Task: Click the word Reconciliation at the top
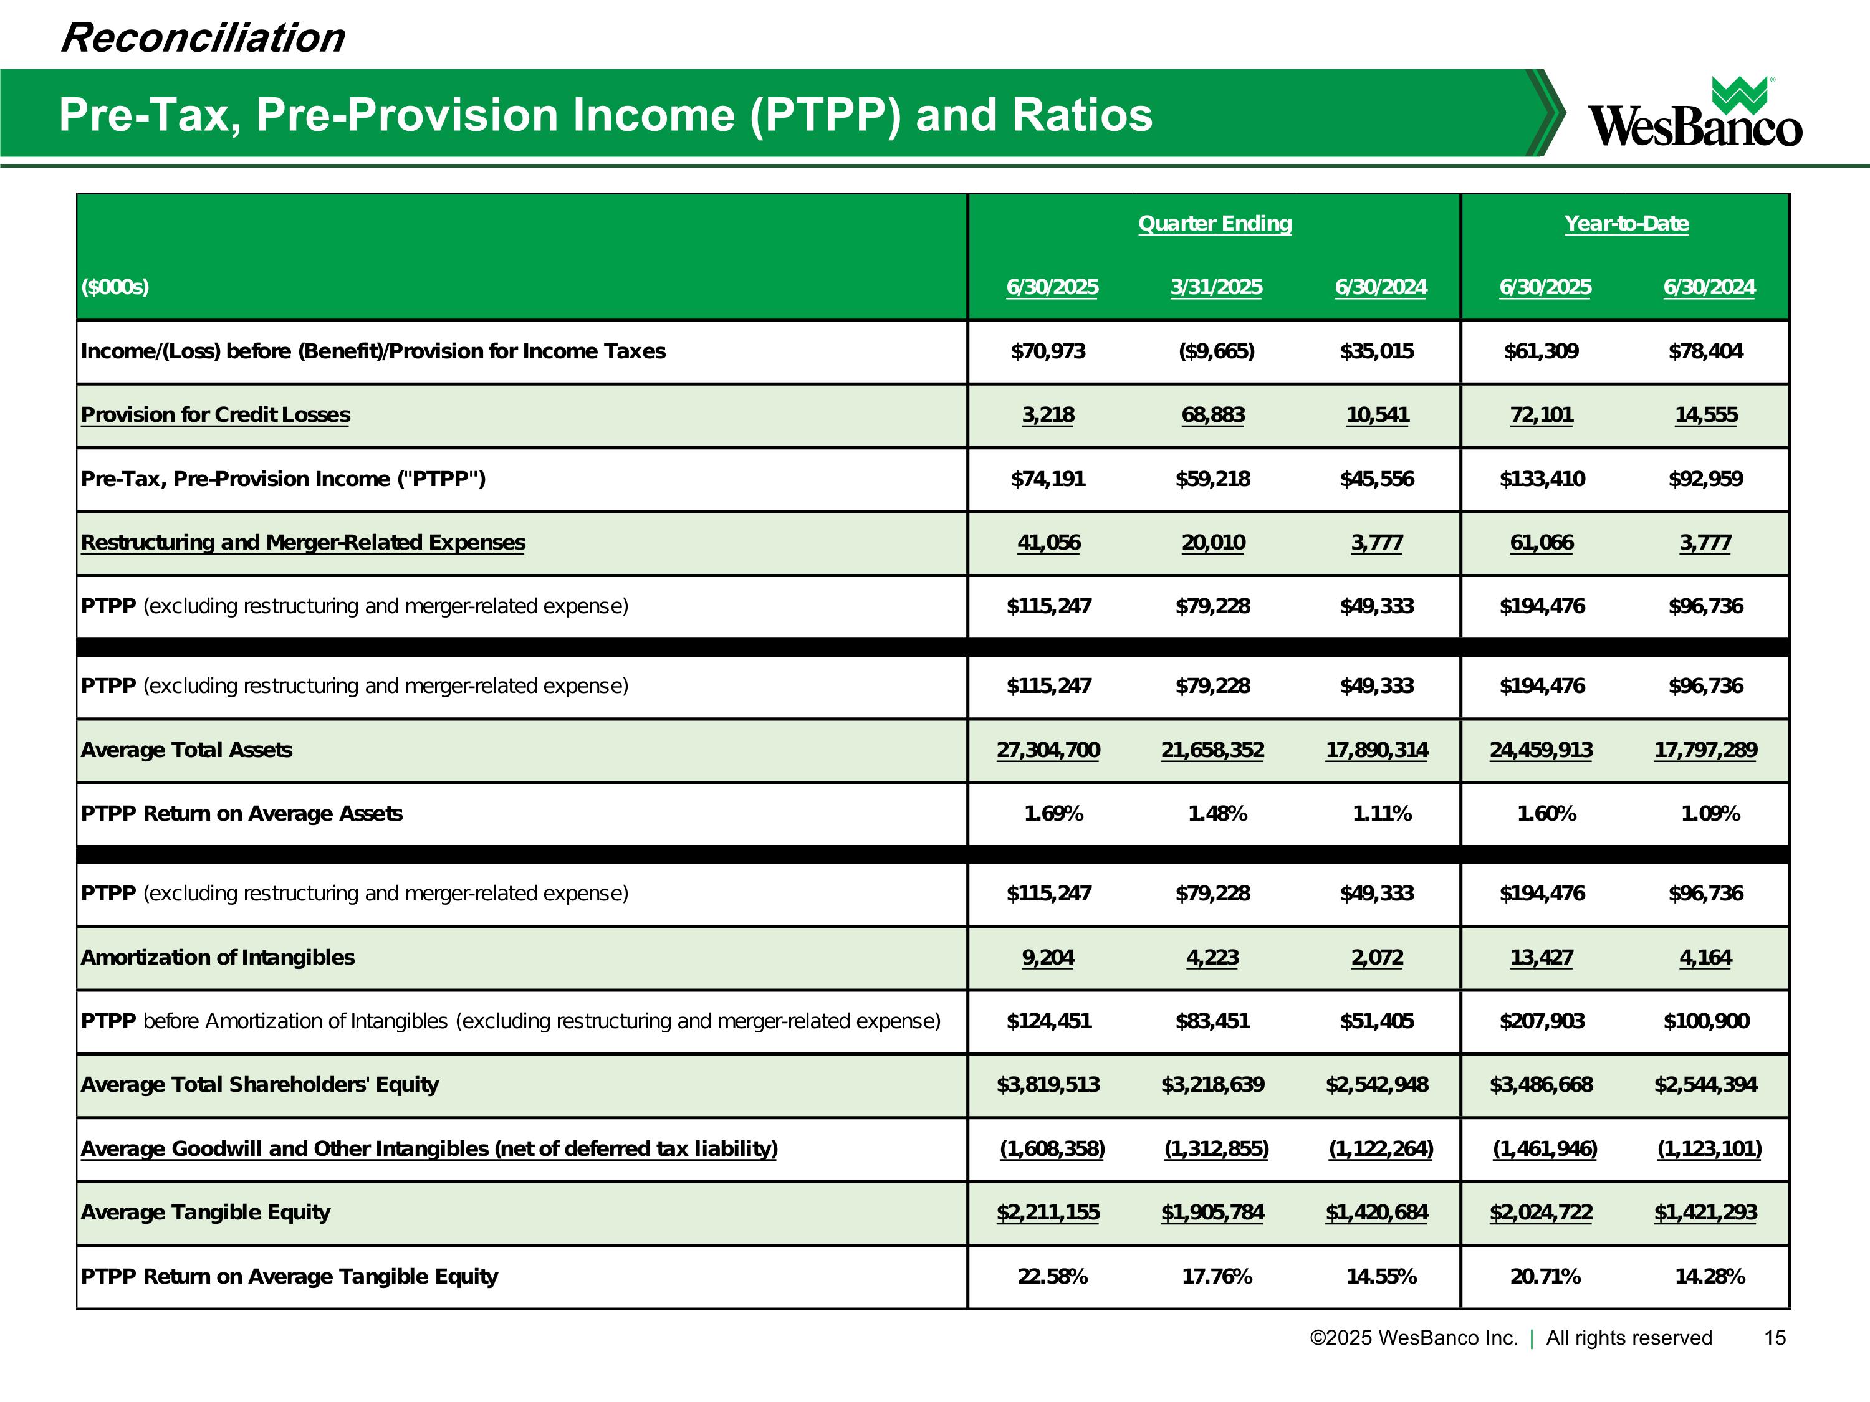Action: pos(203,38)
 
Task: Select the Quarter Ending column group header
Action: pos(1215,224)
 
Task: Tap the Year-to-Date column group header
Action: pos(1626,224)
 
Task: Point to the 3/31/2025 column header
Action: pos(1215,287)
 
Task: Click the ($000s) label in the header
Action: pos(115,287)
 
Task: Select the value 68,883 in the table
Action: pos(1212,415)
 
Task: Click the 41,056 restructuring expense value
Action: pos(1048,543)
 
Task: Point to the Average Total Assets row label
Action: pos(186,750)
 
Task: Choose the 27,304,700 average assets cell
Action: pos(1048,750)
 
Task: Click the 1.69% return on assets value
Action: pos(1053,814)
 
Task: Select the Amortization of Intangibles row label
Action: pos(218,958)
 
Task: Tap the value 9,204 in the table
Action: pos(1048,958)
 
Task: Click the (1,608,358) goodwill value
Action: pos(1052,1149)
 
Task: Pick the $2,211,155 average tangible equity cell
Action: pos(1048,1213)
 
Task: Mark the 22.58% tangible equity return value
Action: pos(1053,1277)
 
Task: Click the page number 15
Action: pos(1775,1338)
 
